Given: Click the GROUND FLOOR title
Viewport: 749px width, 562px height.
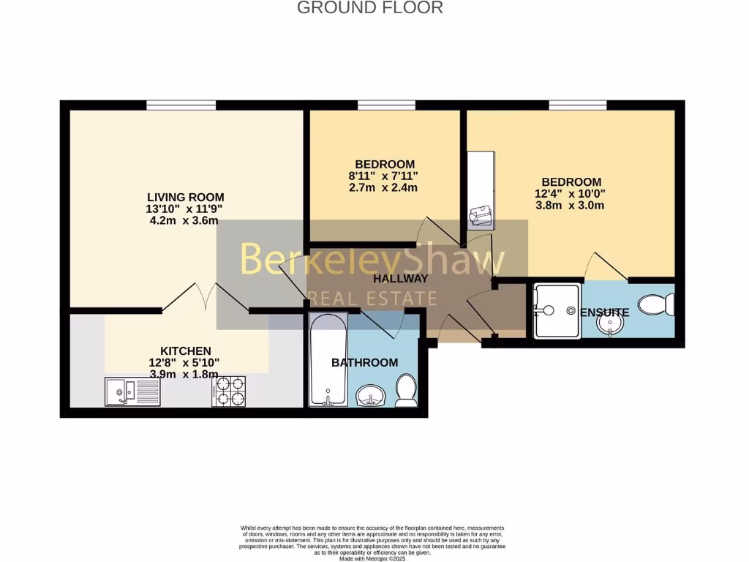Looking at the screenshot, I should tap(369, 8).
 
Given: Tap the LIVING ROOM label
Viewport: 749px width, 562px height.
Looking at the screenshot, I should tap(185, 197).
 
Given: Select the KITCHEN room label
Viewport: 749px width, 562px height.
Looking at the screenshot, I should tap(186, 351).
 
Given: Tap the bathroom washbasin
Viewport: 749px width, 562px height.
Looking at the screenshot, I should tap(372, 396).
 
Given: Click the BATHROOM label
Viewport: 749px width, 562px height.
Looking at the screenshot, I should tap(365, 362).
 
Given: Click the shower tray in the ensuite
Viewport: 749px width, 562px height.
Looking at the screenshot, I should tap(557, 311).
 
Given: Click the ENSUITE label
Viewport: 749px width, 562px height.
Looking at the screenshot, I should tap(605, 312).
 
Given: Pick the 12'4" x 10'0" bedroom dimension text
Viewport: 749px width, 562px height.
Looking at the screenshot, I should tap(571, 194).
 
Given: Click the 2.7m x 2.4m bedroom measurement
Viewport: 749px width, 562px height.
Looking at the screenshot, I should tap(383, 187).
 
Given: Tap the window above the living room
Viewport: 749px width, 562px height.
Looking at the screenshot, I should tap(181, 105).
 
